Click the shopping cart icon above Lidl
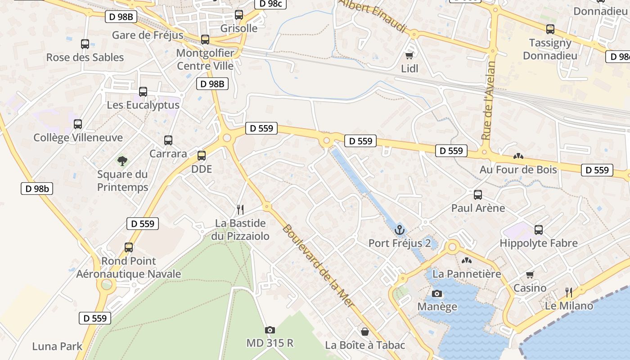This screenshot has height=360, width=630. pos(409,55)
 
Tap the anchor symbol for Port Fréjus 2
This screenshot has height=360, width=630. pos(399,230)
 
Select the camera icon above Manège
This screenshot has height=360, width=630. pos(436,294)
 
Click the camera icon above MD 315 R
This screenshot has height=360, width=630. pos(270,330)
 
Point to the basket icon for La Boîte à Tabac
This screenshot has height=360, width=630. pos(365,332)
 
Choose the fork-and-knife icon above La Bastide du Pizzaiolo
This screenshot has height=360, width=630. pos(240,209)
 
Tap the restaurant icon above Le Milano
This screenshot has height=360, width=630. pos(569,292)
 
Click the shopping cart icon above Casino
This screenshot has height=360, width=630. pos(530,274)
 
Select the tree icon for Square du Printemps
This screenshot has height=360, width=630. pos(122,161)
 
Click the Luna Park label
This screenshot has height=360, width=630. pos(57,346)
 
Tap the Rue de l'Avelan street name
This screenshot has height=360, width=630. pos(488,100)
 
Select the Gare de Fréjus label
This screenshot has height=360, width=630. pos(148,35)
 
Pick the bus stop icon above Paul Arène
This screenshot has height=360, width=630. pos(478,195)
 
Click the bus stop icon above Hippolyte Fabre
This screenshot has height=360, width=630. pos(539,230)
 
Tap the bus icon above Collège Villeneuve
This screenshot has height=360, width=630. pos(78,124)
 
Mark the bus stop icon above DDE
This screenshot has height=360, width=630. pos(202,156)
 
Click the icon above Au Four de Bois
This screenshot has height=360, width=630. pos(518,157)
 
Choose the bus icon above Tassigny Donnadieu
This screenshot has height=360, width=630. pos(550,29)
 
